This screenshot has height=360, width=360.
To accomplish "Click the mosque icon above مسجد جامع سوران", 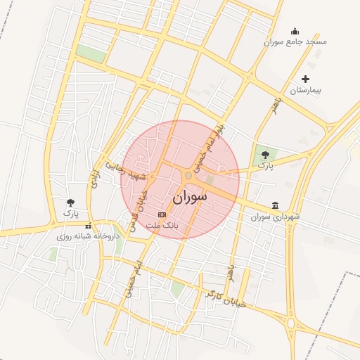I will [x=295, y=31].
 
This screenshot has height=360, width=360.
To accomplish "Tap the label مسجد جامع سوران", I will [x=295, y=42].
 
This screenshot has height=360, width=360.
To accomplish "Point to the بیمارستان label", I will [x=305, y=91].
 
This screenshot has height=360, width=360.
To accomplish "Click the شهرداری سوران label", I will [x=275, y=217].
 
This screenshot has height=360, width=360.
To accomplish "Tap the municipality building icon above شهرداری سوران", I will [x=274, y=205].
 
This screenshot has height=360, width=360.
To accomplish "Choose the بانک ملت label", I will [x=162, y=225].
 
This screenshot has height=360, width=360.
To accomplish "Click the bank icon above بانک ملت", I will [x=162, y=214].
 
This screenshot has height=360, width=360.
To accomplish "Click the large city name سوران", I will [x=190, y=197].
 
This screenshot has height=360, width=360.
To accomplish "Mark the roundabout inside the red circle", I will [x=188, y=175].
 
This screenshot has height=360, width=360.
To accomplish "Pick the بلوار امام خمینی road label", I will [x=211, y=145].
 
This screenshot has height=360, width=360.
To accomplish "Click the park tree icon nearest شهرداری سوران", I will [x=264, y=155].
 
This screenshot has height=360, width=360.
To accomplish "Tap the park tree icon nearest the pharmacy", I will [x=70, y=203].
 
